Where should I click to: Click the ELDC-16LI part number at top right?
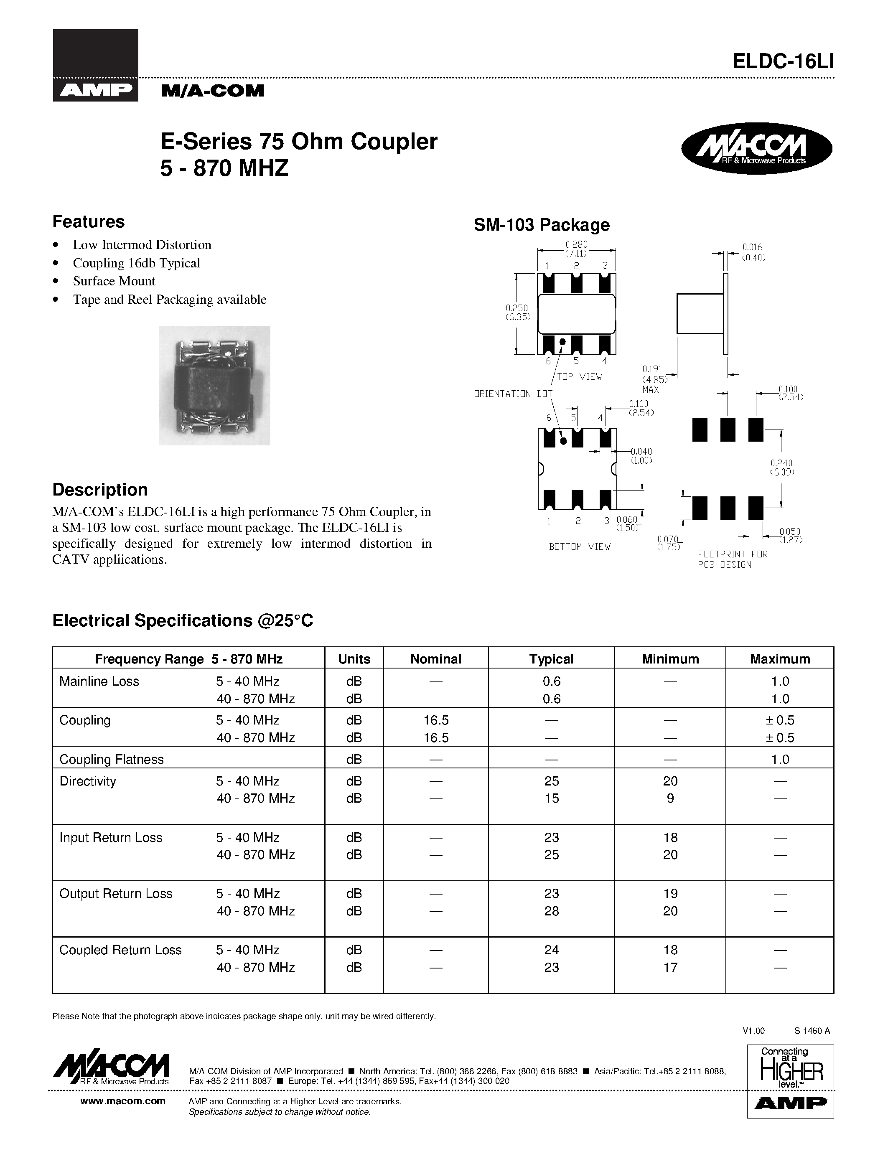tap(783, 62)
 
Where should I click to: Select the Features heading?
tap(88, 221)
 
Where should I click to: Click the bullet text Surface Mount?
tap(114, 281)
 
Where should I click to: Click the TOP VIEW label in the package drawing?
tap(579, 377)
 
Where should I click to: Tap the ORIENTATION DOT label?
tap(513, 394)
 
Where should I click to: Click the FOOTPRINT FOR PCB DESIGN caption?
tap(732, 559)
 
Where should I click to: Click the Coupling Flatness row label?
tap(111, 759)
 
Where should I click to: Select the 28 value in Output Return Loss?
tap(551, 911)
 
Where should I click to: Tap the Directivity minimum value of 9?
tap(670, 798)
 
